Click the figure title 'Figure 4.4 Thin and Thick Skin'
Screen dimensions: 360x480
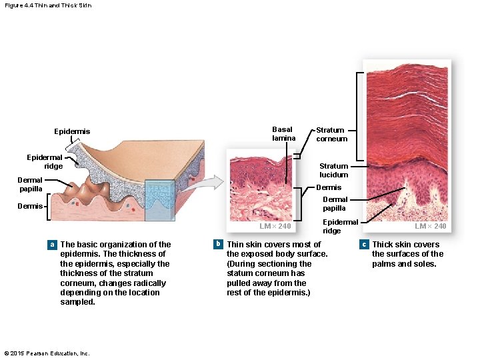click(47, 5)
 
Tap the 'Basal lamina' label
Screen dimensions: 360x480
click(283, 134)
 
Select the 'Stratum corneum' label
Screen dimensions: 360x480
click(331, 135)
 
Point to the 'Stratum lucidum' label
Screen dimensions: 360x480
click(333, 170)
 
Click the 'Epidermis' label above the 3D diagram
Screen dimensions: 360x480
click(72, 131)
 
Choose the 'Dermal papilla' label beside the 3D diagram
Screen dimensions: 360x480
click(29, 184)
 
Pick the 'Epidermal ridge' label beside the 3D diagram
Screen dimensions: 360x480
click(45, 161)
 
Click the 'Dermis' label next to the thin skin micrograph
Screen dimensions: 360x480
click(328, 187)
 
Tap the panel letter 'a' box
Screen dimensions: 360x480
click(52, 245)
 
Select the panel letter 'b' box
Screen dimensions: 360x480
click(218, 245)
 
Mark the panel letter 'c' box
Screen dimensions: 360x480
click(363, 245)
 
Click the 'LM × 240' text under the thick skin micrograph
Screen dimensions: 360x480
click(430, 227)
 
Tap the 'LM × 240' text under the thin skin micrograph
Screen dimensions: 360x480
click(275, 227)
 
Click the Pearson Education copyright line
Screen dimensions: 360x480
click(47, 353)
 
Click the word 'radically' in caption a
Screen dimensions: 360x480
click(147, 283)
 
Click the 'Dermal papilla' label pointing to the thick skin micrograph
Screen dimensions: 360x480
click(335, 203)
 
